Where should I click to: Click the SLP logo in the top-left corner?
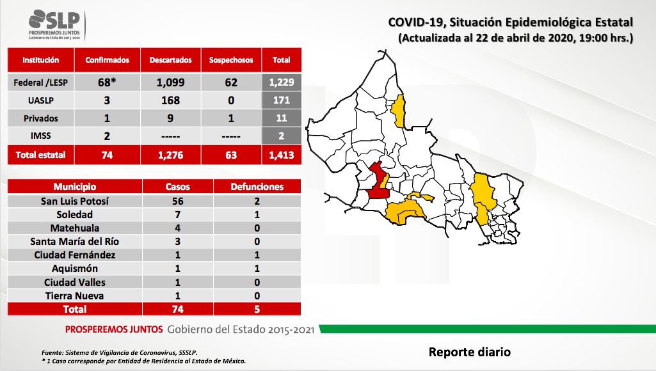tap(54, 25)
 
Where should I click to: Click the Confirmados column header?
tap(107, 60)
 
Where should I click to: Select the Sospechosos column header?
tap(231, 60)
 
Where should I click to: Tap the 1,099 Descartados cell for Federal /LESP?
tap(170, 83)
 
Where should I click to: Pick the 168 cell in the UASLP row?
tap(170, 100)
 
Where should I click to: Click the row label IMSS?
tap(40, 136)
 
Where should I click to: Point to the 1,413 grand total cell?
tap(282, 155)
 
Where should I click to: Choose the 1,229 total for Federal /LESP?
tap(282, 83)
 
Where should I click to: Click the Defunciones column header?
tap(257, 187)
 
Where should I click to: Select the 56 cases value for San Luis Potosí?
tap(178, 201)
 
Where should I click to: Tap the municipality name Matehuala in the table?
tap(74, 228)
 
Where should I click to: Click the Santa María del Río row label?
tap(74, 241)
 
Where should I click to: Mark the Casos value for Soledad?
tap(178, 214)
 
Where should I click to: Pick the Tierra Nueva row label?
tap(74, 296)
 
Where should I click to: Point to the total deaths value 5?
tap(257, 309)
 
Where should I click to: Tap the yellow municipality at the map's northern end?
tap(399, 111)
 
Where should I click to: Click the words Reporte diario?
tap(469, 352)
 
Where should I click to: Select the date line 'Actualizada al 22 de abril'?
tap(515, 38)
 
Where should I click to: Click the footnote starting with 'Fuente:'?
tap(120, 352)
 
